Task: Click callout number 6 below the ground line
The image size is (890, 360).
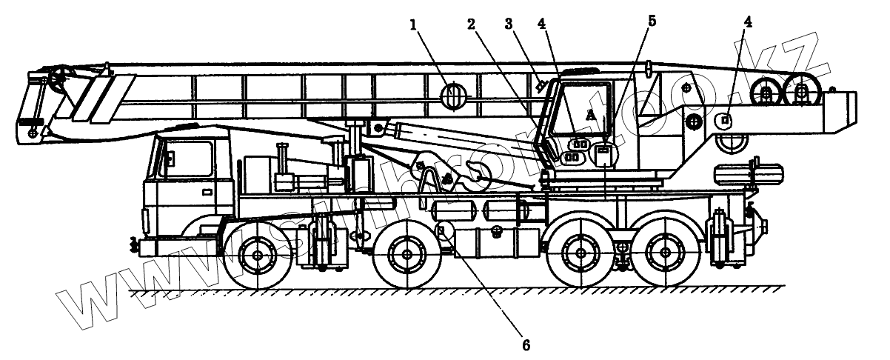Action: tap(526, 344)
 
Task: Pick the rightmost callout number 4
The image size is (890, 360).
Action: tap(748, 23)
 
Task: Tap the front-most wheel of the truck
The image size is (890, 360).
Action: tap(257, 256)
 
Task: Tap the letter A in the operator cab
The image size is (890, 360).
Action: tap(589, 115)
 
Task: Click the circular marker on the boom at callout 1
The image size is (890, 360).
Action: tap(452, 96)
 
